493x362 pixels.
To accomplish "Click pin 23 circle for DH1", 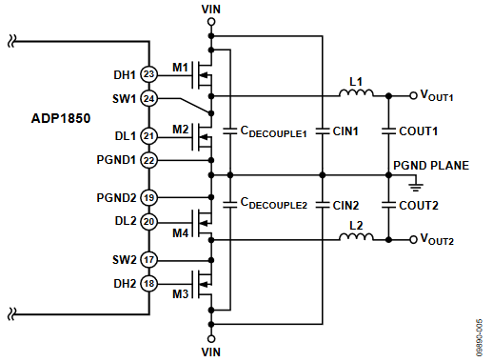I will pos(148,73).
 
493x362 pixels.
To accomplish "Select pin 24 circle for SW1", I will pos(148,97).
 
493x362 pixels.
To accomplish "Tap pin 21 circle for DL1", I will pos(148,136).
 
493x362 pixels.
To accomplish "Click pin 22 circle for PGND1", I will pos(148,160).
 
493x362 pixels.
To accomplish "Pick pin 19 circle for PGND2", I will pos(148,197).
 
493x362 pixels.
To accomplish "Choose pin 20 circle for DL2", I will pos(148,221).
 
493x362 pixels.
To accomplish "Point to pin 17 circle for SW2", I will pos(148,259).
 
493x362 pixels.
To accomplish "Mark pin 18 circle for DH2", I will pos(148,283).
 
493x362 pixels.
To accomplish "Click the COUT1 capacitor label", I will pos(418,131).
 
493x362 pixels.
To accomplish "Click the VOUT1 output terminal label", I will pos(442,96).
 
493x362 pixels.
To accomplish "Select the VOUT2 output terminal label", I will pos(442,241).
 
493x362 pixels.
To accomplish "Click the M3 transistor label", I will pos(179,294).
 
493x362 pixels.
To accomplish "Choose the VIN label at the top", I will pos(211,9).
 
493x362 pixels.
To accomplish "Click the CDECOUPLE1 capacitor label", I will pos(273,132).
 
